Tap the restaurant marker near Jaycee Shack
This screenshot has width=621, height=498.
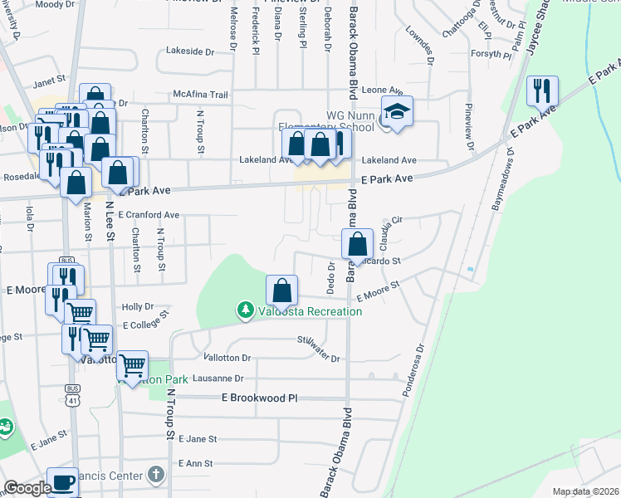click(x=542, y=92)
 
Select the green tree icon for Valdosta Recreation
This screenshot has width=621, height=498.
click(x=245, y=311)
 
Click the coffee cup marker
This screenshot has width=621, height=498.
click(x=62, y=481)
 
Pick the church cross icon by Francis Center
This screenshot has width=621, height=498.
click(x=155, y=475)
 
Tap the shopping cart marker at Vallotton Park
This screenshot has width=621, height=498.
click(x=132, y=365)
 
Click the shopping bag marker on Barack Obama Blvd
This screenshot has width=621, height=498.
click(x=357, y=244)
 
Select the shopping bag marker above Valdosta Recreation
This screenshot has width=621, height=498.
click(x=282, y=290)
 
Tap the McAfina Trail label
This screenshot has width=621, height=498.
click(x=200, y=95)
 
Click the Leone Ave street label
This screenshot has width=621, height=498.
click(x=383, y=90)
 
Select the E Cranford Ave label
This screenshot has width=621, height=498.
click(x=149, y=214)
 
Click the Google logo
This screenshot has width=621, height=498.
click(x=27, y=488)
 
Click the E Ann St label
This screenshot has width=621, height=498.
click(x=196, y=463)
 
